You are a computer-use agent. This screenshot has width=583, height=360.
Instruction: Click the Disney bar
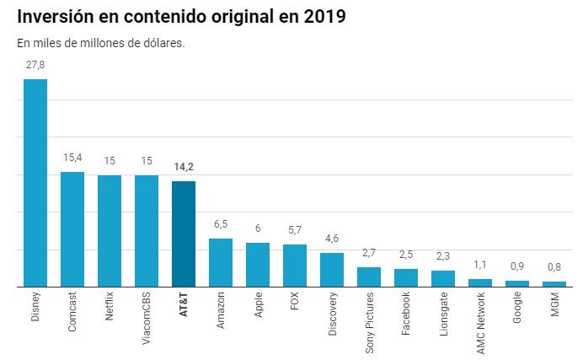(x=35, y=183)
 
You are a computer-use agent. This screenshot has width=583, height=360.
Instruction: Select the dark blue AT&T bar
(x=183, y=234)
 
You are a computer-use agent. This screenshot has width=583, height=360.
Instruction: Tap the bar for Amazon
(x=221, y=262)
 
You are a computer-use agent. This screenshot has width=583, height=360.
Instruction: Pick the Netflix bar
(x=110, y=230)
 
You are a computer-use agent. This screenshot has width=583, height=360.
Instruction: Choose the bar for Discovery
(x=332, y=270)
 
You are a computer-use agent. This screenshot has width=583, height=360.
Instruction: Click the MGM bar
(x=554, y=284)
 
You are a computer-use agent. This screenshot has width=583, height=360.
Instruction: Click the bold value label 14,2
(x=183, y=167)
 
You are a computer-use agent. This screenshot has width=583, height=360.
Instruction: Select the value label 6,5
(x=221, y=225)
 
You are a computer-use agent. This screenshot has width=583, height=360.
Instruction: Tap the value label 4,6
(x=332, y=239)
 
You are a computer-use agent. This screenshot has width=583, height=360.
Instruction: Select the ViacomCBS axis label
(x=147, y=319)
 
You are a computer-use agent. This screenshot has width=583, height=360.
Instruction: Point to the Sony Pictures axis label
(x=369, y=324)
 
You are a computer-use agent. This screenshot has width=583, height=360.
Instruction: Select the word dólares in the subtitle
(x=159, y=44)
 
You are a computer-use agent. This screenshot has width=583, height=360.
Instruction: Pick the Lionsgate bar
(x=443, y=278)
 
